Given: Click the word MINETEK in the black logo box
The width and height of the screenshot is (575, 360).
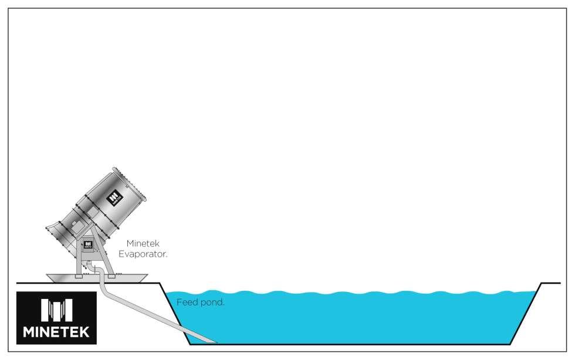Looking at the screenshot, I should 56,332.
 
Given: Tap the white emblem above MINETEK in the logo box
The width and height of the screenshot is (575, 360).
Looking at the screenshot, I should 56,310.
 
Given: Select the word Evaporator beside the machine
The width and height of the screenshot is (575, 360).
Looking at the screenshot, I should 143,254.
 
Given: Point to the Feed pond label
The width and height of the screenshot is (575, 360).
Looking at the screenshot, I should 201,303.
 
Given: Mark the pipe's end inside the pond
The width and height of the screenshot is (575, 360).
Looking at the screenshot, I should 211,341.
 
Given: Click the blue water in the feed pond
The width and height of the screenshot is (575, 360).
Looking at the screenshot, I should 352,317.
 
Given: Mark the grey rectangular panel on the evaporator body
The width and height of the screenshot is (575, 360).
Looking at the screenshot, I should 76,223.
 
